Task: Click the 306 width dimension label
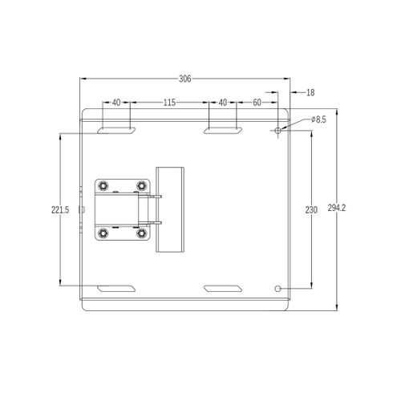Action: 185,79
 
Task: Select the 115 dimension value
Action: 169,103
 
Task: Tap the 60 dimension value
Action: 257,103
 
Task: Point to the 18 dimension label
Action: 310,92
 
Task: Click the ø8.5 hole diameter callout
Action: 318,119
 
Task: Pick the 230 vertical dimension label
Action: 311,210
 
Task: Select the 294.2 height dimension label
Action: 337,208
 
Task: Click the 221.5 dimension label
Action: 60,210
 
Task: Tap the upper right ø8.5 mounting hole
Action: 278,131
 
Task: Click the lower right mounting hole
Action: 277,289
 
